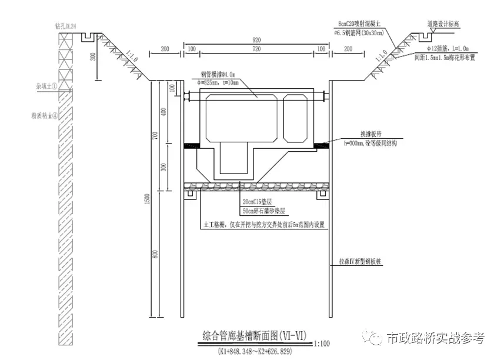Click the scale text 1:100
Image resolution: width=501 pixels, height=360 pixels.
(x=322, y=342)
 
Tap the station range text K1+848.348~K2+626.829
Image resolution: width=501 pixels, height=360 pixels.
(x=255, y=351)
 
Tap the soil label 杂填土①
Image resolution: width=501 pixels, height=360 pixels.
(x=45, y=86)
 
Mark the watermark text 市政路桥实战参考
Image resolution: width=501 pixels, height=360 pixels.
(x=435, y=338)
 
